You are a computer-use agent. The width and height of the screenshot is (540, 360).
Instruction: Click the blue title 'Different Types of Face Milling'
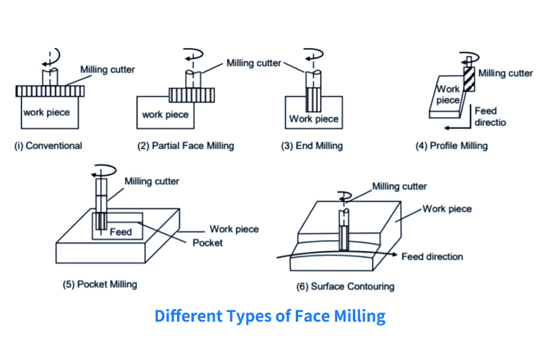(x=270, y=316)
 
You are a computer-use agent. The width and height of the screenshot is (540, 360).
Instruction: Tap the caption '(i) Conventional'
(x=48, y=145)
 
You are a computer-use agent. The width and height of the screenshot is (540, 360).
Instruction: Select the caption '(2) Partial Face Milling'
(x=184, y=145)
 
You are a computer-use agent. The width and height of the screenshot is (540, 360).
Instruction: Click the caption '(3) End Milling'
(x=312, y=145)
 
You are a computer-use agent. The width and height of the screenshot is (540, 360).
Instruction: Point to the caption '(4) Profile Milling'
(x=452, y=145)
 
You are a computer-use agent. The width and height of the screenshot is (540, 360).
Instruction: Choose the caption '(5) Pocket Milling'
(x=100, y=284)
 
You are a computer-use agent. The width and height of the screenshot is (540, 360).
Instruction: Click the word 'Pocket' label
(x=208, y=242)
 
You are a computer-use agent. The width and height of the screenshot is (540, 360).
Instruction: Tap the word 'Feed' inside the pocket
(x=121, y=232)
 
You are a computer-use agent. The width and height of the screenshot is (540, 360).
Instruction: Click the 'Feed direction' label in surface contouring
(x=432, y=257)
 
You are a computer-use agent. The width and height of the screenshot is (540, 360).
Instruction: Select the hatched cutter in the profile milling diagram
(x=469, y=79)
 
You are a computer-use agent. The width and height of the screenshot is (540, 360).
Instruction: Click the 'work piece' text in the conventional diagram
(x=47, y=112)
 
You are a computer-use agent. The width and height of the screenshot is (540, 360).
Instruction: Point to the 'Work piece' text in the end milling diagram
(x=314, y=119)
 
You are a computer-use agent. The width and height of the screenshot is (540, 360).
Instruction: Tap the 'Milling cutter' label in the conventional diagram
(x=108, y=70)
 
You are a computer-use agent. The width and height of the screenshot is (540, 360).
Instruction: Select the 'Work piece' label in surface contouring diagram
(x=447, y=209)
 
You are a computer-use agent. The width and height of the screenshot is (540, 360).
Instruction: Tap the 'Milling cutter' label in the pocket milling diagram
(x=152, y=181)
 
